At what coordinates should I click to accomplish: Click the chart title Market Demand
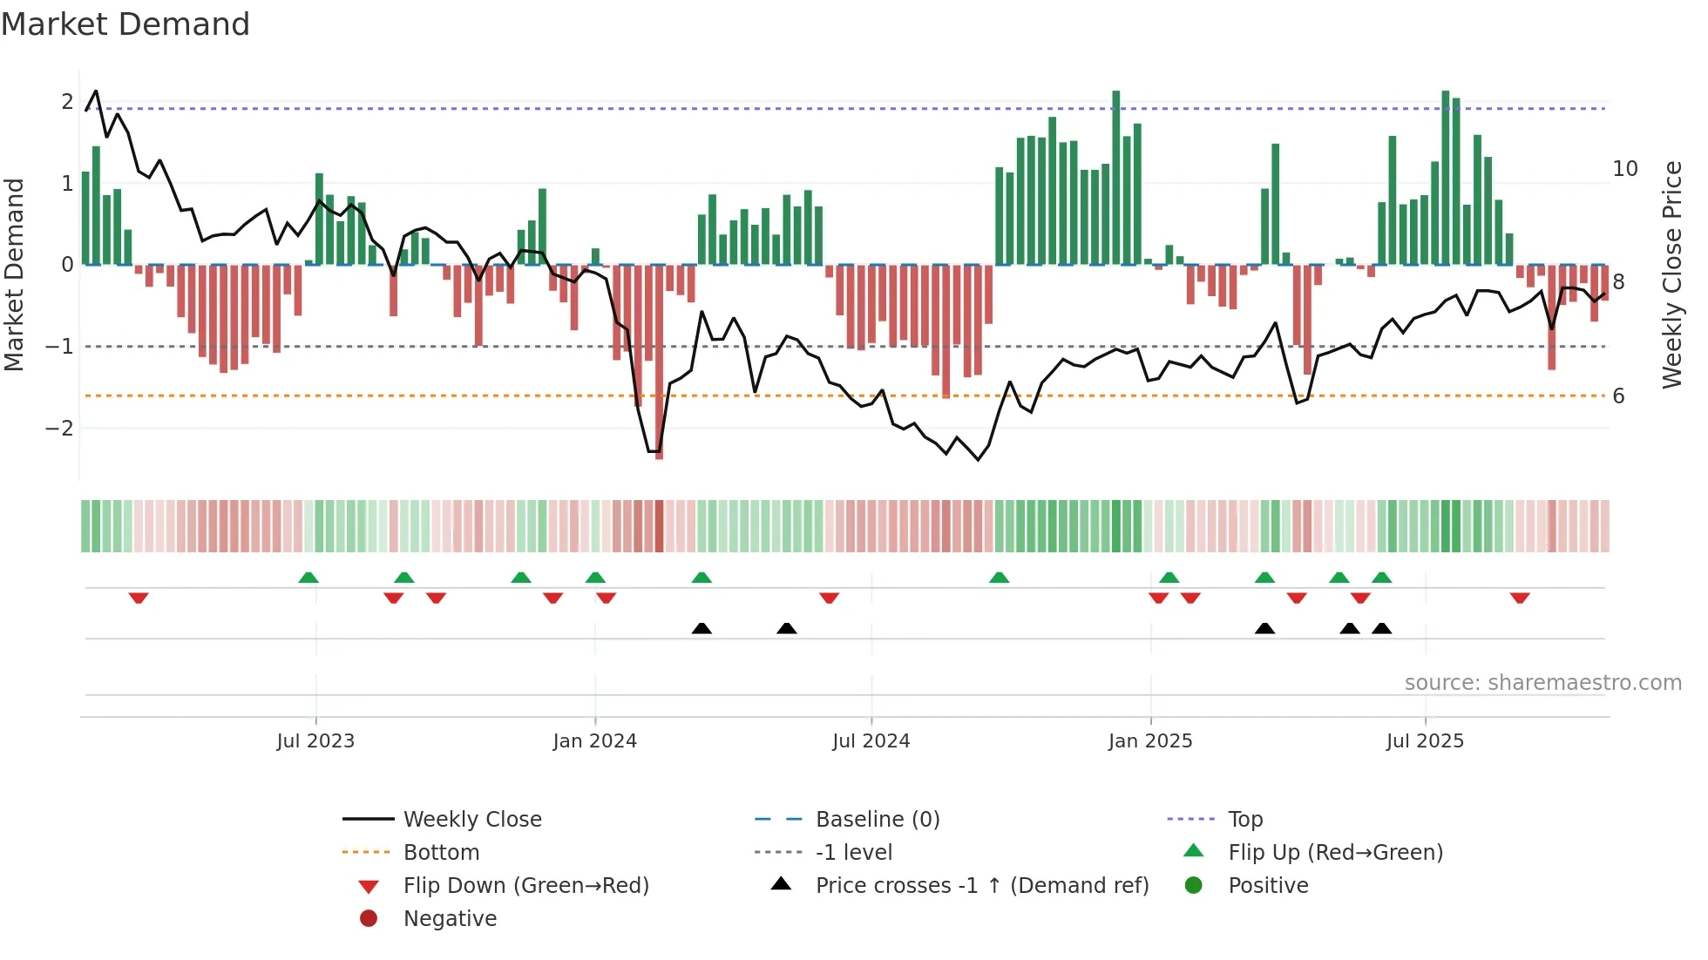click(x=125, y=24)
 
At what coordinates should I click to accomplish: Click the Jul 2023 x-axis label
click(x=315, y=741)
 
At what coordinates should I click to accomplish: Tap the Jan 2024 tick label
click(x=594, y=741)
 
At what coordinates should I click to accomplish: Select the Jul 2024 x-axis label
click(x=871, y=741)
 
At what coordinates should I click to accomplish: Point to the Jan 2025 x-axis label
click(x=1150, y=741)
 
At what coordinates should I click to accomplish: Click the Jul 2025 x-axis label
click(x=1425, y=741)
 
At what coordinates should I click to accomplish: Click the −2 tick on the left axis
click(x=59, y=429)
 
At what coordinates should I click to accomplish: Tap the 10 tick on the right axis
click(x=1625, y=169)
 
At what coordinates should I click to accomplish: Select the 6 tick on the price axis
click(x=1619, y=396)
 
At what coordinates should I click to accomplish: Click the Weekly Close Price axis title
click(x=1672, y=274)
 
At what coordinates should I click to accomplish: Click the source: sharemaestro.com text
click(x=1542, y=683)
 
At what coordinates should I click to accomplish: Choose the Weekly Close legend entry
click(x=471, y=820)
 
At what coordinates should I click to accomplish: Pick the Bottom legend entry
click(x=441, y=853)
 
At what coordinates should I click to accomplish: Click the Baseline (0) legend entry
click(x=877, y=820)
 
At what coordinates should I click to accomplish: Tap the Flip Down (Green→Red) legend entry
click(x=525, y=886)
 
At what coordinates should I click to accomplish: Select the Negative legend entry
click(x=450, y=919)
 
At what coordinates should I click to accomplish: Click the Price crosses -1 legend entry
click(x=981, y=886)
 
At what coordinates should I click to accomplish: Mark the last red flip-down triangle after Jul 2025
click(x=1520, y=598)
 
